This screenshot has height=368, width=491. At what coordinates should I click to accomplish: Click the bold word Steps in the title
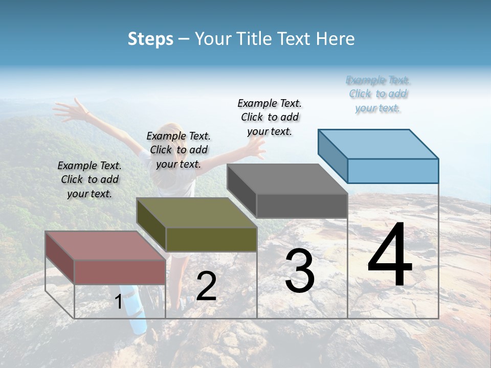pos(150,39)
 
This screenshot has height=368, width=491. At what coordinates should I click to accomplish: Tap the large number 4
pos(390,255)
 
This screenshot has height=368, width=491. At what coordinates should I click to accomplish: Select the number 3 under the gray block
pos(300,270)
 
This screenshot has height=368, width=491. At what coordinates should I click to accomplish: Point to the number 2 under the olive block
pos(206,286)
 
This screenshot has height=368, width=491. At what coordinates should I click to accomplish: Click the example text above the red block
pos(90,179)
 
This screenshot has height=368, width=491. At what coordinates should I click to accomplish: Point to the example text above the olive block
pos(178,150)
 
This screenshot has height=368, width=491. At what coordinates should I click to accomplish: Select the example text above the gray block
pos(270,117)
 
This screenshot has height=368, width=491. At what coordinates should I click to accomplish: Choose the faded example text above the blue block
pos(378,94)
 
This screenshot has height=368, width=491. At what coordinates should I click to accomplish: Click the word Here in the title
pos(336,39)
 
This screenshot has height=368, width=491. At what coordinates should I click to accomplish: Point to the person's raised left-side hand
pos(69,109)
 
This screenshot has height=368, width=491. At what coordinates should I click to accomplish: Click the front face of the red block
pos(120,272)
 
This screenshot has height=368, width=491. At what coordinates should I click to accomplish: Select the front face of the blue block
pos(393,171)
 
